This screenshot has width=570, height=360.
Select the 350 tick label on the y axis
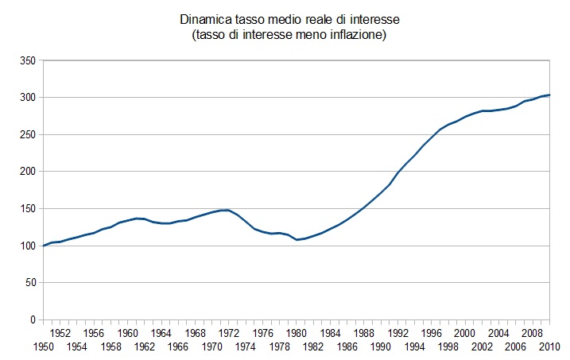click(27, 60)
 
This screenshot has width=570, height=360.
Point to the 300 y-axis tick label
click(27, 98)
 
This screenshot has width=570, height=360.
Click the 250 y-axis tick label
click(27, 134)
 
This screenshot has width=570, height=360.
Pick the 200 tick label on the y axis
click(27, 172)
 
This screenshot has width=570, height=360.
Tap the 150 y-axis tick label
click(27, 209)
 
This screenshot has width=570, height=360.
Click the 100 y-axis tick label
click(27, 246)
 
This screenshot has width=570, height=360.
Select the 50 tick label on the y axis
click(29, 283)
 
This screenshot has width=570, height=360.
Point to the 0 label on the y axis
click(33, 320)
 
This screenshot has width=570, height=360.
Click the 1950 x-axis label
click(43, 347)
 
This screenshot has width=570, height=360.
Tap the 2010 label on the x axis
click(549, 347)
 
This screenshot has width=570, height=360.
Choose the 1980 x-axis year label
click(297, 333)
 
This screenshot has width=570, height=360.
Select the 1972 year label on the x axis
click(229, 333)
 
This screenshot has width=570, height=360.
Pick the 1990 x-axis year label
click(381, 347)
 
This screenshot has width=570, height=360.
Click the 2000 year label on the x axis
click(465, 333)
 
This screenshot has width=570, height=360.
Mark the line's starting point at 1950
click(43, 246)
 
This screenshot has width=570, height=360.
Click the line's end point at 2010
click(549, 95)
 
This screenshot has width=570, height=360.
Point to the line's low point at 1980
click(297, 239)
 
